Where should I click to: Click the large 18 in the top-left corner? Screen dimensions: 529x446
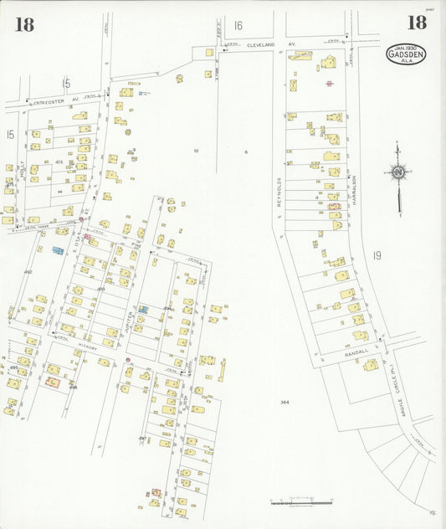coord(24,23)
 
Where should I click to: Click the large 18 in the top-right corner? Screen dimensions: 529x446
coord(416,23)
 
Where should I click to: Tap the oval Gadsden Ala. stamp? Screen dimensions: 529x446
coord(405,54)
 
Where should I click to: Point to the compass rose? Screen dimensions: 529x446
coord(398,173)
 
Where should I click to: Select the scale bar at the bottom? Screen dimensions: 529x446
coord(295,501)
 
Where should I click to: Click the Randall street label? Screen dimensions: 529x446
coord(356,355)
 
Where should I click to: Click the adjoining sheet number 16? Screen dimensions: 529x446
coord(238,26)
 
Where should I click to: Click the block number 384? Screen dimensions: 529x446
coord(285,403)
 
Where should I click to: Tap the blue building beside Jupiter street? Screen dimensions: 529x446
coord(143,310)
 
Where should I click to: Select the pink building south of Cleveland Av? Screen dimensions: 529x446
coord(330,83)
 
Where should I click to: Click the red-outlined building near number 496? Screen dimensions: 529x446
coord(51,383)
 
